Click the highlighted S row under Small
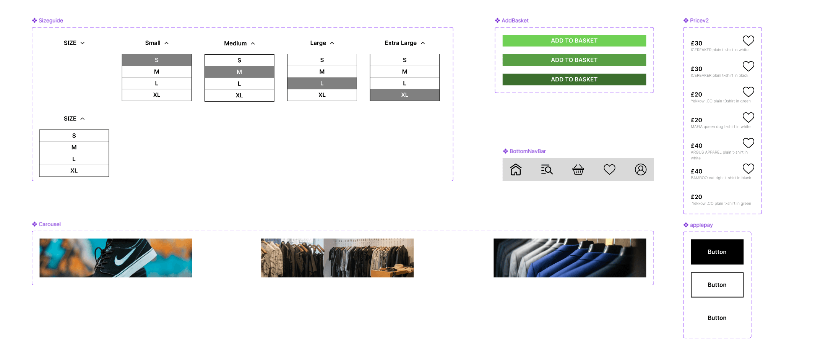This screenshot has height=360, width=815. point(156,60)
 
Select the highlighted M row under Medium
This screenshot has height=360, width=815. point(239,72)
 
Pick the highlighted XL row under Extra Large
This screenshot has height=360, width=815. point(404,95)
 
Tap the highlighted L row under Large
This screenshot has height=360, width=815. point(322,83)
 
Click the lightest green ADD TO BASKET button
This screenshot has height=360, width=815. point(574,41)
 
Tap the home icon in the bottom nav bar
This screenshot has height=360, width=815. point(516,169)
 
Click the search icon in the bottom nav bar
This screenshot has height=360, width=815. point(547,169)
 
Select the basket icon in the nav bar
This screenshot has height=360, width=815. point(578,169)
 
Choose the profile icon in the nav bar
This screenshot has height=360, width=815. point(641,169)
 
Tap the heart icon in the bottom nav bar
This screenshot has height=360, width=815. point(609,169)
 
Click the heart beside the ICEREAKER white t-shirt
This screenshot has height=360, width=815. point(748,41)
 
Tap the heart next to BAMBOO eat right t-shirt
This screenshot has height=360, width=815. point(748,169)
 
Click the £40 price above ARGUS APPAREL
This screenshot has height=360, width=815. point(696,146)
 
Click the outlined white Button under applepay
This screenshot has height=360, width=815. point(717,285)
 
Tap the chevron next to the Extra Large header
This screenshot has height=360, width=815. point(423,43)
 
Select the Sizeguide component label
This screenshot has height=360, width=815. point(50,21)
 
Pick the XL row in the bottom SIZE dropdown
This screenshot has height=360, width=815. point(74,171)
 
